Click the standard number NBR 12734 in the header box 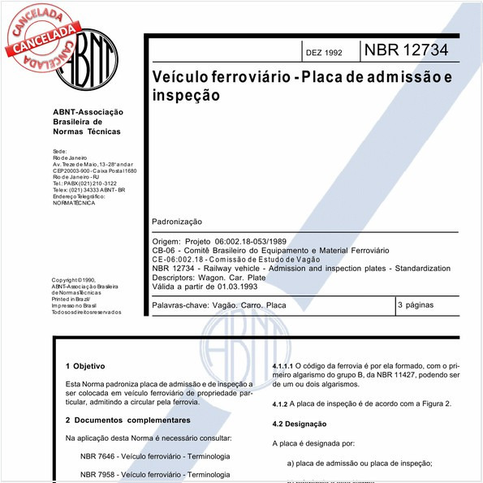tap(406, 50)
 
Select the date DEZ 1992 tap(325, 53)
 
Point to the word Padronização tap(177, 222)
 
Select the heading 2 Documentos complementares tap(127, 420)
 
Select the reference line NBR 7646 tap(155, 456)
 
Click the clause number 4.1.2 tap(280, 403)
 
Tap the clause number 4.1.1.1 tap(283, 366)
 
